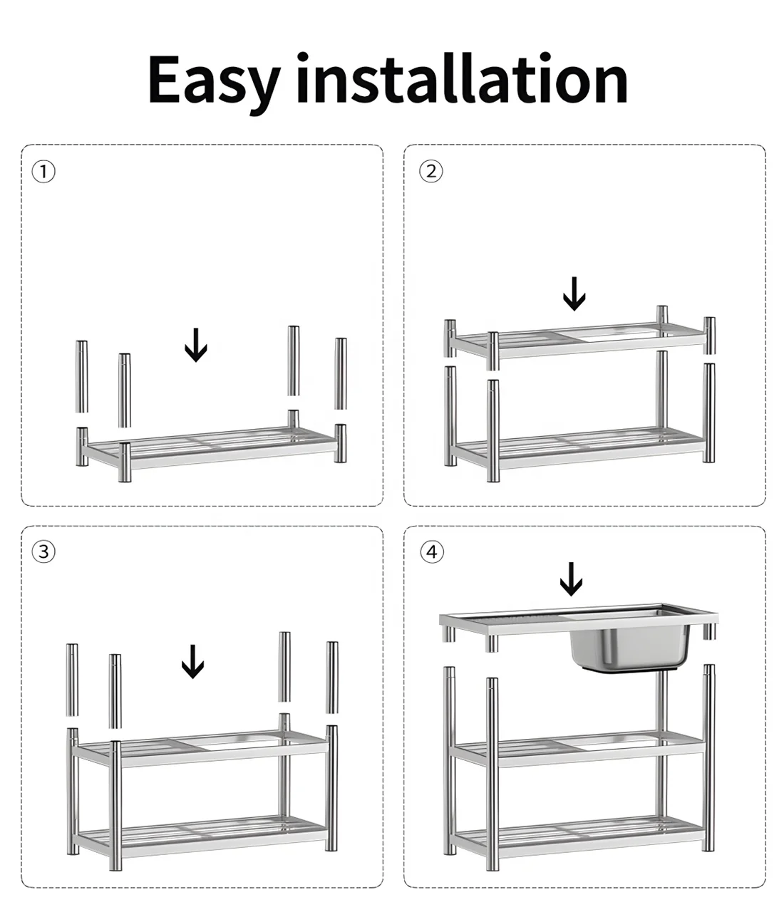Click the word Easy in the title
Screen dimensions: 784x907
pyautogui.click(x=215, y=83)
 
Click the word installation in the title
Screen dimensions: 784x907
pyautogui.click(x=463, y=78)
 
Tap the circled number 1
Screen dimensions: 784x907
pyautogui.click(x=43, y=171)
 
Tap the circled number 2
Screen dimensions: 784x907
pyautogui.click(x=431, y=171)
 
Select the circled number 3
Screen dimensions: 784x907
pyautogui.click(x=43, y=551)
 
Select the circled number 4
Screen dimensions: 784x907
pyautogui.click(x=432, y=551)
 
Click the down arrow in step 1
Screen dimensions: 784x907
pyautogui.click(x=196, y=345)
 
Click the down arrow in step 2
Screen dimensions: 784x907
pyautogui.click(x=574, y=294)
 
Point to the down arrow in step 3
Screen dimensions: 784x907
pyautogui.click(x=192, y=661)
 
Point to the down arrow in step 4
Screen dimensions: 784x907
pyautogui.click(x=571, y=579)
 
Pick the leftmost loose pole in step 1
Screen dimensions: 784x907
pyautogui.click(x=82, y=376)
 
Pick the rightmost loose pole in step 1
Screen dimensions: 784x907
pyautogui.click(x=341, y=373)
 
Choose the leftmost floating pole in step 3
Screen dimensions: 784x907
pyautogui.click(x=72, y=680)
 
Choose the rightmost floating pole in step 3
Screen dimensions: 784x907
pyautogui.click(x=332, y=678)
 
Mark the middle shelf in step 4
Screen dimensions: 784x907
pyautogui.click(x=579, y=750)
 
